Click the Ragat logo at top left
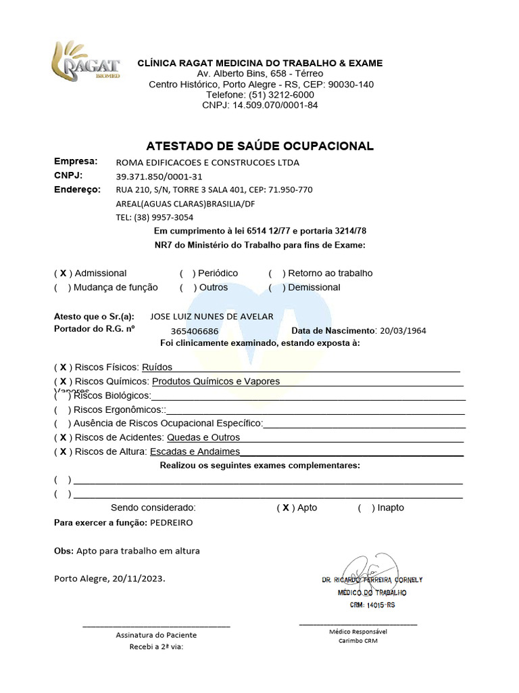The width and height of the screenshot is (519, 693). click(86, 62)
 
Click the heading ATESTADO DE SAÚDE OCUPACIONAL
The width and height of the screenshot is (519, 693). click(259, 146)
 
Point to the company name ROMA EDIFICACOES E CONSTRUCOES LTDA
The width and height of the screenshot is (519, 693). click(207, 162)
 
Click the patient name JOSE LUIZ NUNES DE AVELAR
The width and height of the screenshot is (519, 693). click(212, 317)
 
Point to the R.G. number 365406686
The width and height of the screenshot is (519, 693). click(195, 331)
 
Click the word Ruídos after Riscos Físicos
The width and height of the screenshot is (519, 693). click(157, 367)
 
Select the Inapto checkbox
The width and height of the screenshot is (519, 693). click(366, 508)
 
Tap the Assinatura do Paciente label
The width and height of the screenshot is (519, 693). click(156, 635)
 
